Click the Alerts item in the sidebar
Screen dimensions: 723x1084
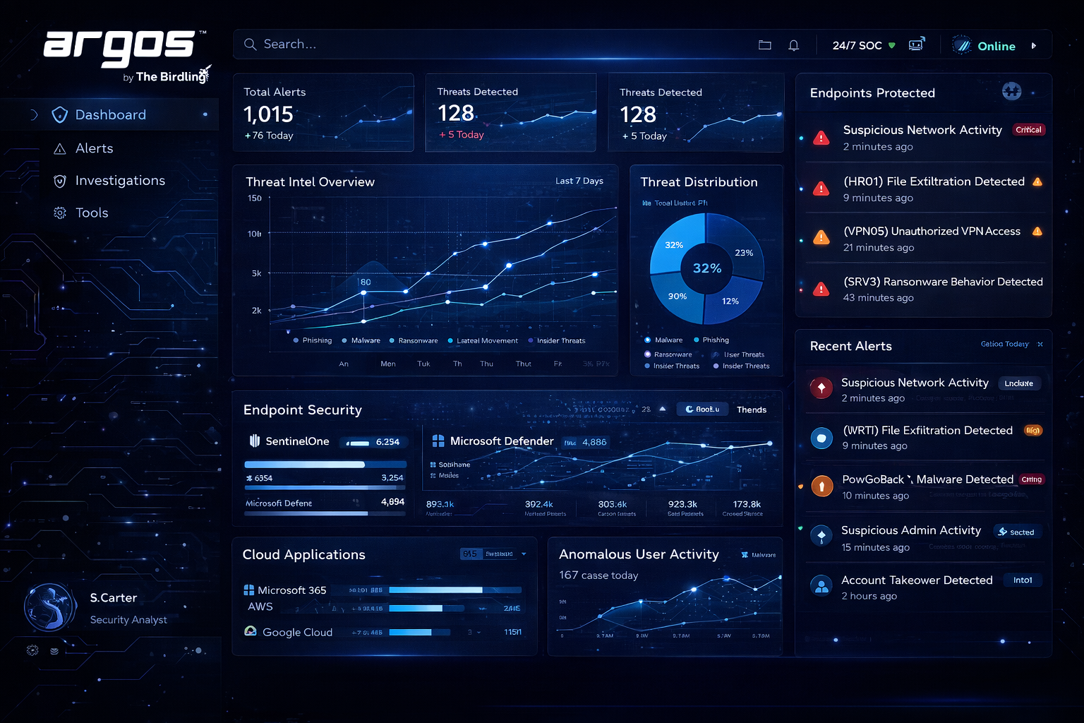(94, 148)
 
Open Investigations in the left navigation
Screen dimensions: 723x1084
(120, 181)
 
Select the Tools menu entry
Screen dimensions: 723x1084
(92, 213)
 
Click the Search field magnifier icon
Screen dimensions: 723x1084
(250, 44)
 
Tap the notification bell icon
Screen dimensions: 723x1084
(793, 45)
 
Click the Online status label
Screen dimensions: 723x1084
(996, 47)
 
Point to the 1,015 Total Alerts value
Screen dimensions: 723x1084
(268, 114)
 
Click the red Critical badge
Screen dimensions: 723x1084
(1028, 130)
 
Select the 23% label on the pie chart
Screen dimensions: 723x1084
(744, 253)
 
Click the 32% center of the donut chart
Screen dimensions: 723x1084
(706, 268)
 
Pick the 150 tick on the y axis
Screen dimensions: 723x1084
(255, 198)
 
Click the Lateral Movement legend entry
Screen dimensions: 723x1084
(487, 341)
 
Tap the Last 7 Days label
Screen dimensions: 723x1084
(579, 181)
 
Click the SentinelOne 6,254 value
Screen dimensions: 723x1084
(387, 442)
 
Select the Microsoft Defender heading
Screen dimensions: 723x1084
(502, 441)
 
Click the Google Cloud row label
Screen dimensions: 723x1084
(297, 633)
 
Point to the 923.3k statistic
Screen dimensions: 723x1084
(682, 504)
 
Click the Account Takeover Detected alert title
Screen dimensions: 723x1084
(917, 580)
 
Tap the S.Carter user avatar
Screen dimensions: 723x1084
(50, 607)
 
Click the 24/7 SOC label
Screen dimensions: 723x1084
(857, 46)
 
